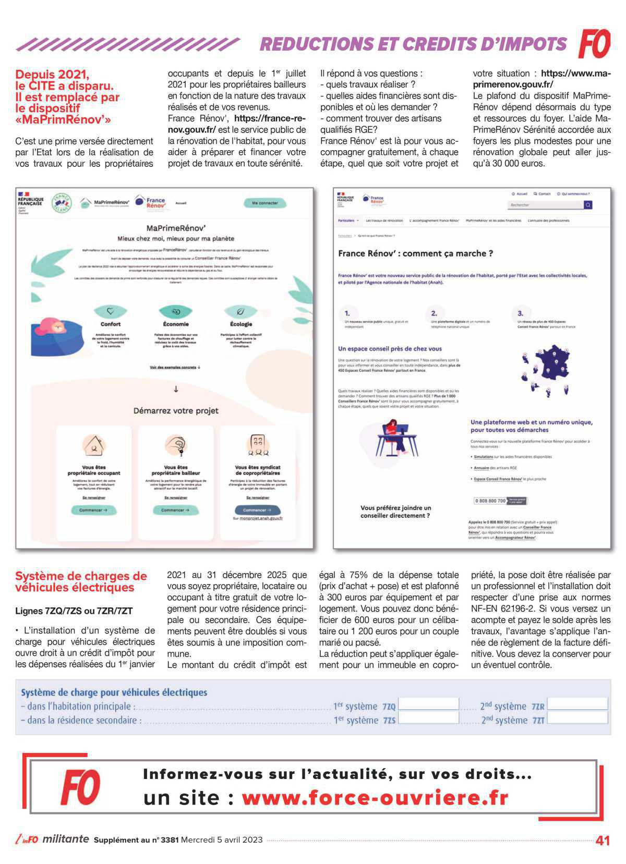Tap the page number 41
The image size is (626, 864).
(x=603, y=841)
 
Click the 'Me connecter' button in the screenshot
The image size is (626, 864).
(x=264, y=203)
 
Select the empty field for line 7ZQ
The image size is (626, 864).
(x=428, y=704)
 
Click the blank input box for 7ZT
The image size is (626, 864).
(x=577, y=719)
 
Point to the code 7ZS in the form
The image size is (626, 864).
(x=389, y=720)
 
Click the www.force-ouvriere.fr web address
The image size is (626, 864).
(x=375, y=798)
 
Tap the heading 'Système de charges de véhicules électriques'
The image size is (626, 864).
(x=81, y=582)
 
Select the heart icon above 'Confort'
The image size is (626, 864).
(x=111, y=311)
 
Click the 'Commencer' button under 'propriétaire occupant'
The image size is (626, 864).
(x=93, y=510)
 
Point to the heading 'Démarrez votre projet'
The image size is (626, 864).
(x=176, y=410)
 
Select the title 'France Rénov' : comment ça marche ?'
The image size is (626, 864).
(x=415, y=253)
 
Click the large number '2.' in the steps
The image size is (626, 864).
(x=434, y=313)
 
